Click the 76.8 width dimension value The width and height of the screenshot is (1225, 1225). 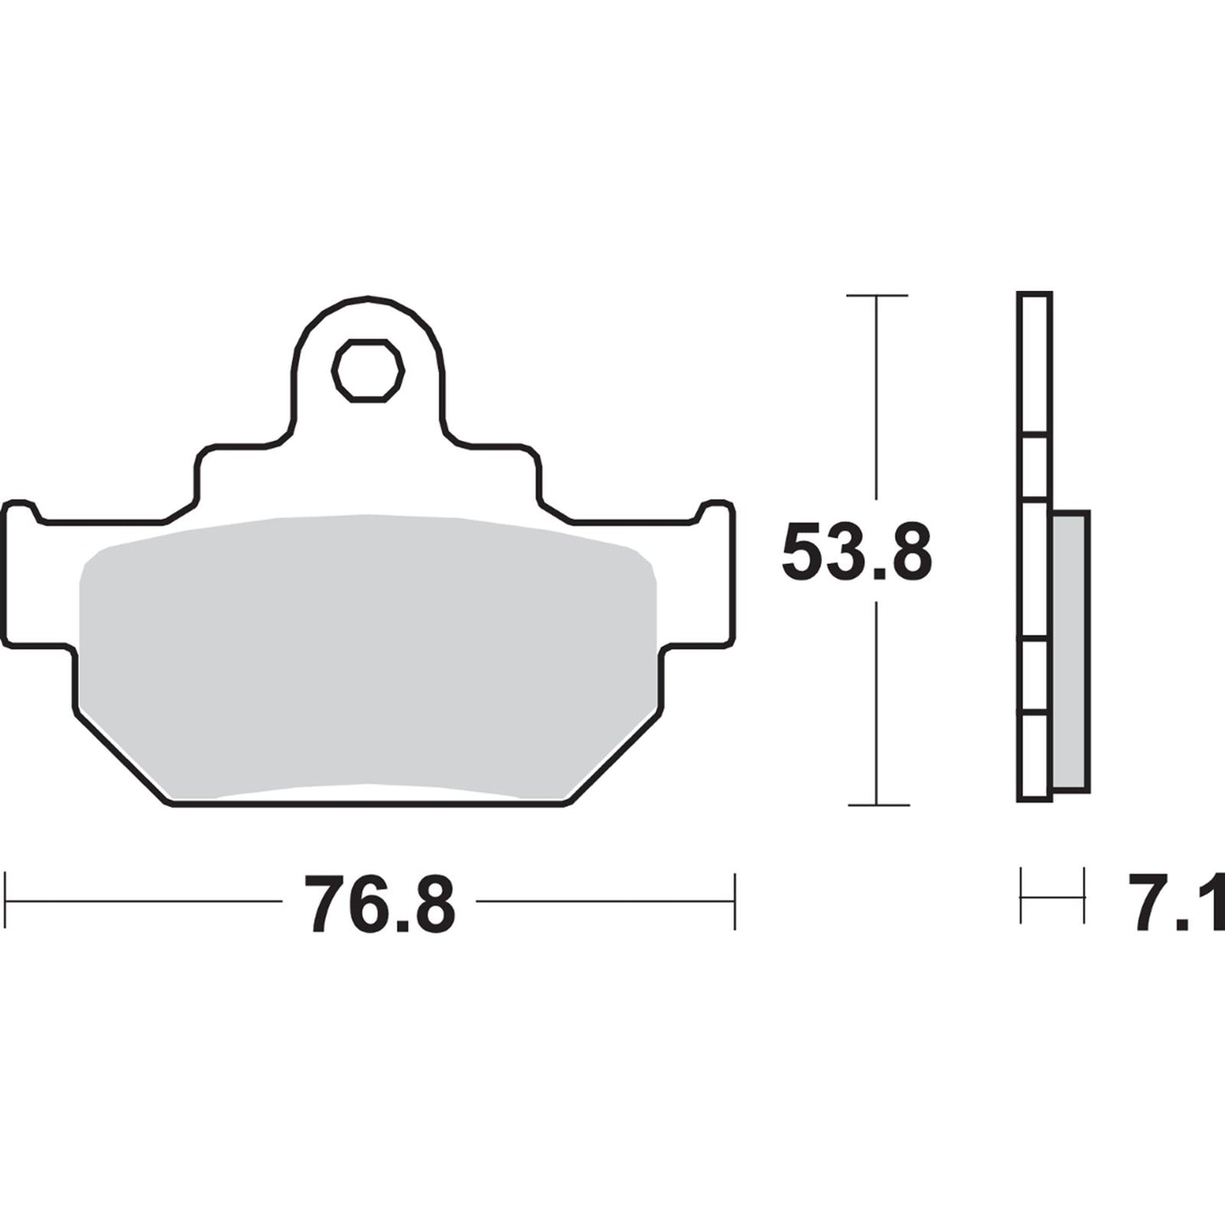coord(381,904)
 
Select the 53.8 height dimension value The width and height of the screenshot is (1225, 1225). coord(855,552)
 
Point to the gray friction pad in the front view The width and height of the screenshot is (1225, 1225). coord(367,653)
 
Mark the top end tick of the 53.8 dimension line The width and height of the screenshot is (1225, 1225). coord(877,296)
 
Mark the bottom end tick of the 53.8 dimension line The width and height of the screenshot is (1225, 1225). coord(877,805)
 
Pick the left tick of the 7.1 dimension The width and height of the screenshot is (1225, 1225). coord(1022,895)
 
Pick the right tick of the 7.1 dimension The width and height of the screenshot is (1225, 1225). coord(1084,895)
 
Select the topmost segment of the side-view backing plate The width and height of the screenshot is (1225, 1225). coord(1035,365)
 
